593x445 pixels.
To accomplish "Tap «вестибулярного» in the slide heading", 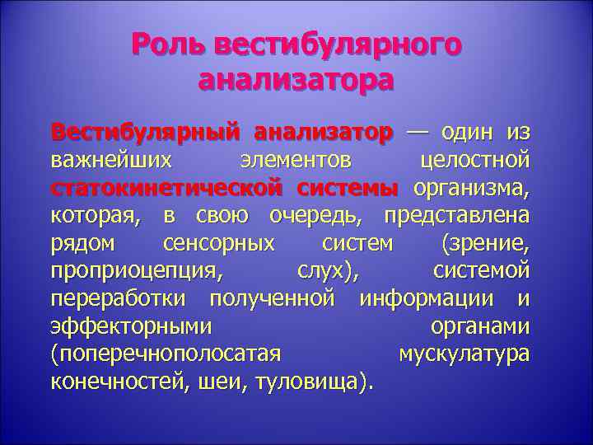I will (337, 45).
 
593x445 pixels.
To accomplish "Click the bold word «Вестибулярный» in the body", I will (146, 132).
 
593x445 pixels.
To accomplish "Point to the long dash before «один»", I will (418, 132).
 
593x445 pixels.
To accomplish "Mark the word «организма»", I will (471, 188).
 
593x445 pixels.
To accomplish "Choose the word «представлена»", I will (457, 216).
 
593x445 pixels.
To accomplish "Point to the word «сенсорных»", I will (218, 244).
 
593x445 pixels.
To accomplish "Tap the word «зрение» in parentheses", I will (485, 244).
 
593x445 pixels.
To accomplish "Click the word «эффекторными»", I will (131, 327).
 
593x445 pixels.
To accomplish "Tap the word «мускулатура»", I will (464, 355).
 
